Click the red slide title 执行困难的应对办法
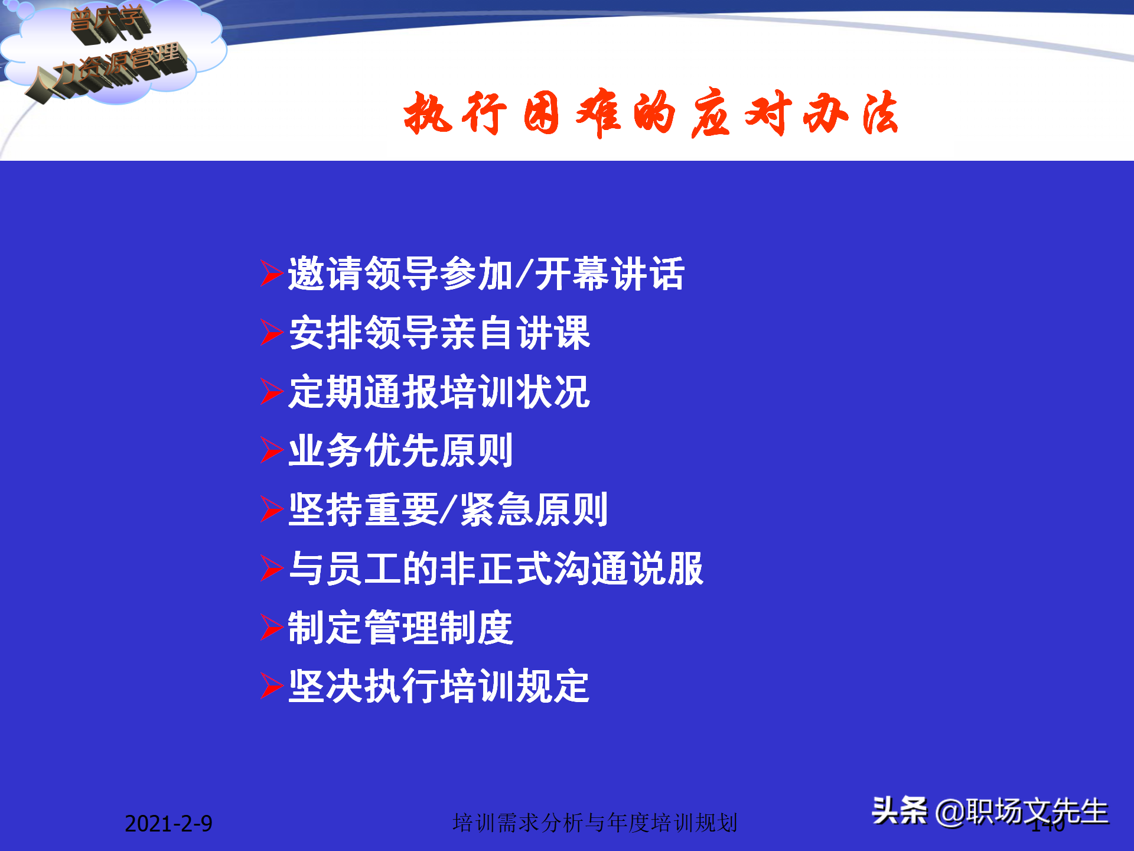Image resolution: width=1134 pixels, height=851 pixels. click(x=650, y=113)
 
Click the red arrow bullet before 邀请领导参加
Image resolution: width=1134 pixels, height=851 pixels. click(x=271, y=274)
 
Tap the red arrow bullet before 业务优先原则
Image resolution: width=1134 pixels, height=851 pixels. click(x=271, y=450)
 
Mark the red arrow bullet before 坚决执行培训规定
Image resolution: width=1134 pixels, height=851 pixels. click(x=271, y=686)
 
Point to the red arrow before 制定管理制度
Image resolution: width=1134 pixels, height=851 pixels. click(x=271, y=628)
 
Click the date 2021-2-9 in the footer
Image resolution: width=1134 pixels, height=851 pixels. click(x=168, y=824)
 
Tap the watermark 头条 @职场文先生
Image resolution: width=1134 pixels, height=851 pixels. click(x=990, y=811)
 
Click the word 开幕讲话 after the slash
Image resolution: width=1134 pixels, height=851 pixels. click(x=610, y=274)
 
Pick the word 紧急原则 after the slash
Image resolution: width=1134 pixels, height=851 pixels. click(x=534, y=510)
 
